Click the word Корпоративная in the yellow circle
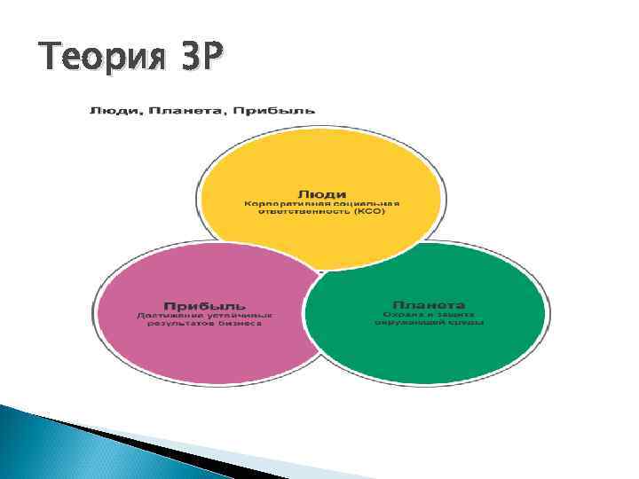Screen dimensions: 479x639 click(284, 203)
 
